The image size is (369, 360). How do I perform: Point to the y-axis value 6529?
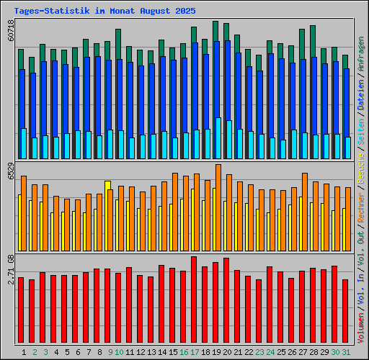[x=11, y=171]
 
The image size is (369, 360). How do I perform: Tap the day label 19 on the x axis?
[x=216, y=352]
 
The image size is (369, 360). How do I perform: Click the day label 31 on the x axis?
[x=346, y=352]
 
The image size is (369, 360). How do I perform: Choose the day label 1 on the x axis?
[x=24, y=352]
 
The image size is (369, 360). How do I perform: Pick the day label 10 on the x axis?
[x=119, y=352]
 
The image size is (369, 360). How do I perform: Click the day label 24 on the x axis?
[x=270, y=352]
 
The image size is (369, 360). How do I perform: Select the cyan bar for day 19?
[x=218, y=138]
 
